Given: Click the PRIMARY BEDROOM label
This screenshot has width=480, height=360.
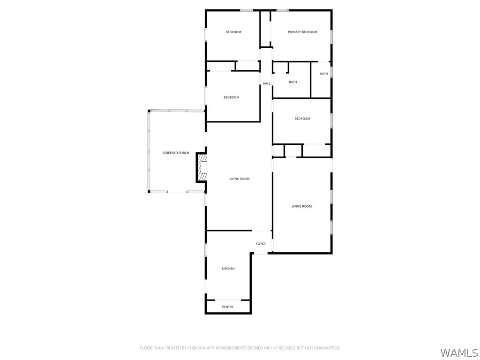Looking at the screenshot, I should point(302,32).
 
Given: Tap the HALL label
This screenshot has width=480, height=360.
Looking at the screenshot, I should point(266,83).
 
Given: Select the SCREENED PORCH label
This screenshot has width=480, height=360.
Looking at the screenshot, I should point(176,153).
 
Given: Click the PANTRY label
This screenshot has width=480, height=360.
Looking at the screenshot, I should point(227,307).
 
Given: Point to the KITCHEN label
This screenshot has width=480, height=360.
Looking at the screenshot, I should point(228,269).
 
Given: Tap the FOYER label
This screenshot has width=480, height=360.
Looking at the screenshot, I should point(261,244).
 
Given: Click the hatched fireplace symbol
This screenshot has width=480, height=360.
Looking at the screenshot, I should point(202,167).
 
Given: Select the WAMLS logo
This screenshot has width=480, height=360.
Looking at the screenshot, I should point(459,352).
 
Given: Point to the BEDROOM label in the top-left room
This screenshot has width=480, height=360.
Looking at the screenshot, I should point(233,32).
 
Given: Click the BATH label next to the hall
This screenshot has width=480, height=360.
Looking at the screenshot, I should point(293,82).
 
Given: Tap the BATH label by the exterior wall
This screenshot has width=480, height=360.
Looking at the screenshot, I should point(324,74).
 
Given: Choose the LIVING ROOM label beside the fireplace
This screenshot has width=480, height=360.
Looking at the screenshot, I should point(239,179).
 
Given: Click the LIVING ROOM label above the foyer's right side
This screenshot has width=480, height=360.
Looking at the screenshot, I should point(301,206).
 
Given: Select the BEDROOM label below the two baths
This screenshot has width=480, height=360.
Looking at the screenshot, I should point(302,119).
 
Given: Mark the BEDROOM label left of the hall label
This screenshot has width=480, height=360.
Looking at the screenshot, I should point(231,97).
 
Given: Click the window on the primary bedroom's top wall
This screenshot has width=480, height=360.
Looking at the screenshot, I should point(282,10).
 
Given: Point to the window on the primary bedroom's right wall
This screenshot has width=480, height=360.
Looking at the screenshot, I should point(331,37).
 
